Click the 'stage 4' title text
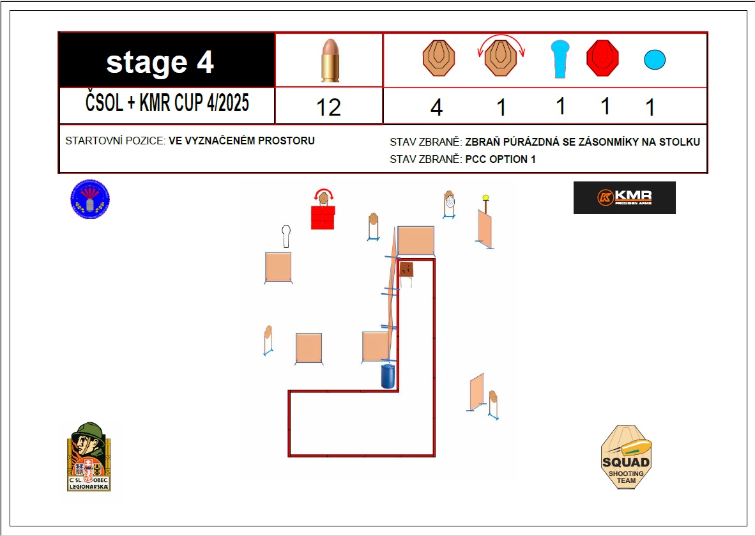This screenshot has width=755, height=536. (x=160, y=62)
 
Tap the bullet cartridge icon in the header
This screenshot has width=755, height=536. (x=330, y=60)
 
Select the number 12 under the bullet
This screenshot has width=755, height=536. (x=328, y=107)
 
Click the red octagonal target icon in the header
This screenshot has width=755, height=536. (x=602, y=58)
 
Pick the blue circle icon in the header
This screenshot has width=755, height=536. (x=655, y=59)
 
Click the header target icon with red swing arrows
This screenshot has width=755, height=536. (x=501, y=56)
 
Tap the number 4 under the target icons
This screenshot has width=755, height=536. (x=436, y=107)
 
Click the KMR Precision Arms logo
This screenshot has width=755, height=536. (x=625, y=197)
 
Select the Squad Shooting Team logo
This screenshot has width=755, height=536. (x=626, y=457)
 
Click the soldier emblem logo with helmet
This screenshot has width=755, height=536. (x=89, y=457)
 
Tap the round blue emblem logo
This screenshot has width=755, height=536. (x=90, y=199)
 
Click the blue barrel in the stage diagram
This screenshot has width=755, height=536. (x=388, y=376)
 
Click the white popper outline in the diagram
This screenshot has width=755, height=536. (x=286, y=236)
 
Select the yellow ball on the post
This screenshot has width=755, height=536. (x=485, y=197)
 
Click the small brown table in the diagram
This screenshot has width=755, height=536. (x=406, y=273)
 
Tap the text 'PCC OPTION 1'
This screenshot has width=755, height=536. (x=500, y=160)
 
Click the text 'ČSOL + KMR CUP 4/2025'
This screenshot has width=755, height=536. (x=167, y=103)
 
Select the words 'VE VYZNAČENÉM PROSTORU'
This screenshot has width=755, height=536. (x=241, y=141)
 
